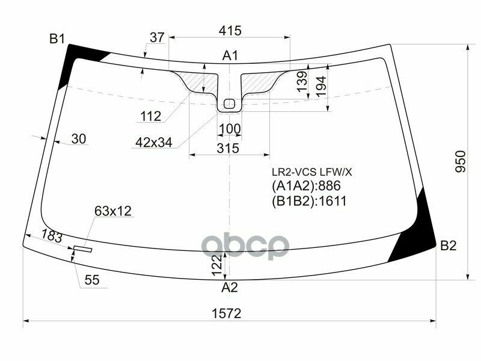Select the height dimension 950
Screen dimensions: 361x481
[460, 163]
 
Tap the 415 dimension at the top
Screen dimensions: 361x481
[230, 30]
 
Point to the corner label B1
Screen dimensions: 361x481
[57, 39]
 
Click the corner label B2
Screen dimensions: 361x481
[449, 245]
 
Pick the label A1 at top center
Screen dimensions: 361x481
[230, 56]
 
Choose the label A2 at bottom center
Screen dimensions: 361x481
[230, 288]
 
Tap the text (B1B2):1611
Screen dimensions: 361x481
[309, 201]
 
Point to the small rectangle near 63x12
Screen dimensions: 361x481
[82, 248]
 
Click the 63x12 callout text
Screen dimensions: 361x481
[112, 211]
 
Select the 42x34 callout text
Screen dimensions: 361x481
[153, 143]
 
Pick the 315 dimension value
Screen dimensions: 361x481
[229, 148]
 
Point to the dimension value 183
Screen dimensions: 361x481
[52, 237]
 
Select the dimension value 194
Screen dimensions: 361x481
[322, 85]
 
